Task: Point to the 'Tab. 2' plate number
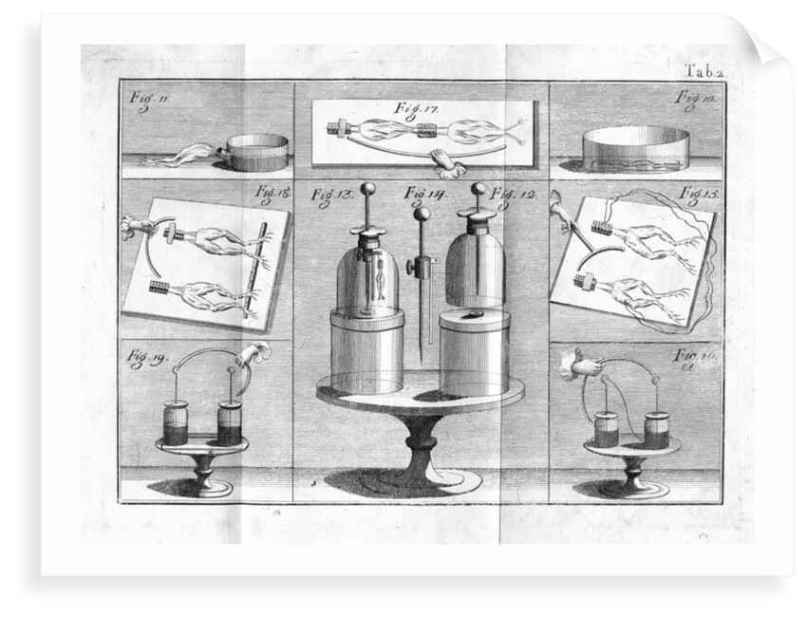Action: pos(704,67)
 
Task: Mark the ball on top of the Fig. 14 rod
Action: pos(420,214)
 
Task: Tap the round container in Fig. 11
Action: pos(257,152)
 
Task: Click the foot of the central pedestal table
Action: pos(418,479)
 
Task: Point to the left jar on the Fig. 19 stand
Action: pos(176,422)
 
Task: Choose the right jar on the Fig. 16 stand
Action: pos(655,429)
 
